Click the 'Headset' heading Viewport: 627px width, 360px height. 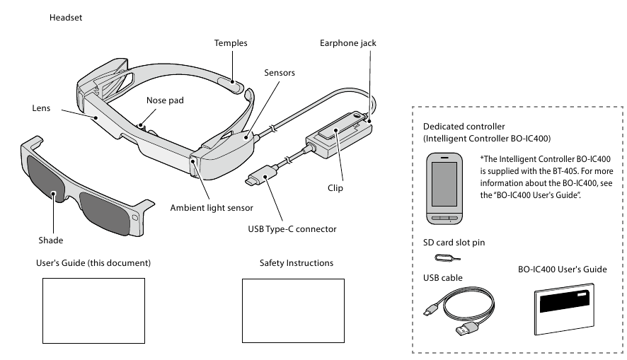[x=66, y=17]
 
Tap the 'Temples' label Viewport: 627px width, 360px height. [x=231, y=43]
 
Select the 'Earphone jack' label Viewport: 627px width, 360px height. [x=347, y=43]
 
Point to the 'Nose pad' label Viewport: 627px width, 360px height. [x=165, y=100]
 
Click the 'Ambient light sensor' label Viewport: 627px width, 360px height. [x=212, y=208]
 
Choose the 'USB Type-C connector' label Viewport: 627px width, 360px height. [x=292, y=229]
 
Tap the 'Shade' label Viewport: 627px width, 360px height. [x=50, y=240]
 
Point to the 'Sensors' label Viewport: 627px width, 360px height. [x=279, y=73]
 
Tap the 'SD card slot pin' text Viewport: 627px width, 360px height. [x=453, y=243]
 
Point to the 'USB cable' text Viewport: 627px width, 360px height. [x=442, y=278]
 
